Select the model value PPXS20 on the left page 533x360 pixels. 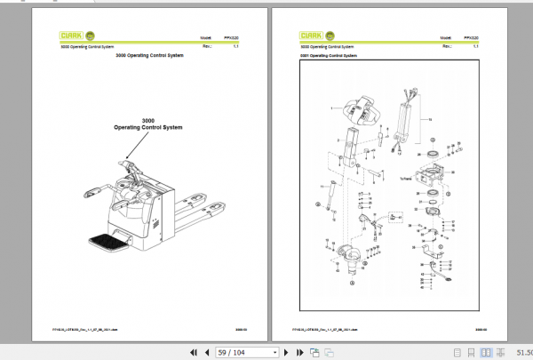coord(233,38)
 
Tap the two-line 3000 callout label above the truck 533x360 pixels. coord(147,124)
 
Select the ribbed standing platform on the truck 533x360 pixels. coord(106,237)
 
